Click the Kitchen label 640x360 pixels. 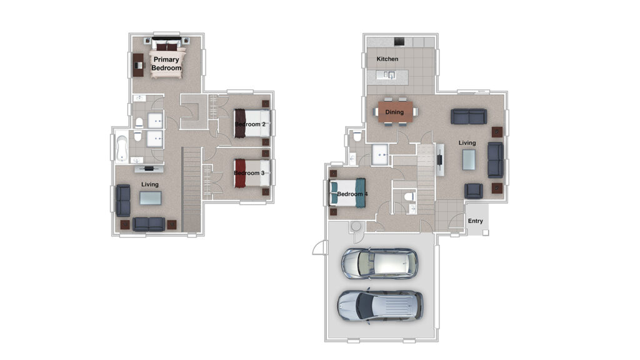(387, 59)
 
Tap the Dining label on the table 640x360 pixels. (394, 112)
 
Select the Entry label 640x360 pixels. (475, 221)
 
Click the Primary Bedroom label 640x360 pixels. (166, 64)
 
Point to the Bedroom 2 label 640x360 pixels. (250, 124)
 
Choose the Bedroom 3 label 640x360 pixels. (249, 173)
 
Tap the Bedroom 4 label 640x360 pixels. (352, 194)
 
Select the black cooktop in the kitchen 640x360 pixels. (399, 42)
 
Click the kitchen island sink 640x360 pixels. (391, 75)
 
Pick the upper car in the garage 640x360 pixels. (379, 263)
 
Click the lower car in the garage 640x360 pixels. (380, 306)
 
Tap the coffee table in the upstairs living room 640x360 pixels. (150, 198)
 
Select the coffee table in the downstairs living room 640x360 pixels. (469, 159)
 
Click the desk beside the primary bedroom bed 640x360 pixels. (138, 65)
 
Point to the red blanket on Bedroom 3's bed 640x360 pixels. (240, 173)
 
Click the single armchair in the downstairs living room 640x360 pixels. (474, 191)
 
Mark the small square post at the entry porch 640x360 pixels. (485, 232)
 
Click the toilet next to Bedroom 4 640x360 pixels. (407, 197)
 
